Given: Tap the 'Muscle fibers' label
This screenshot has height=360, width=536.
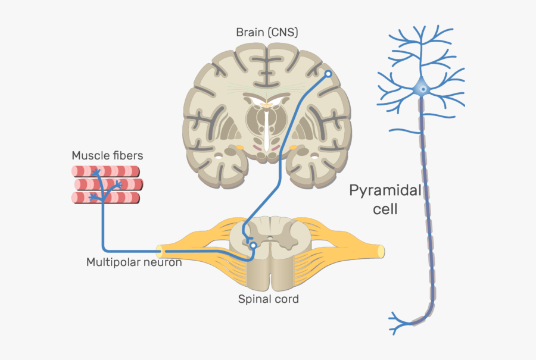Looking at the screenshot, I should click(107, 156).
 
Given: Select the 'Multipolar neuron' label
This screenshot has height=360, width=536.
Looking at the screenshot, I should click(134, 262).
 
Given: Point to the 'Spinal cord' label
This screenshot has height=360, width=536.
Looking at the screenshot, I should click(268, 299).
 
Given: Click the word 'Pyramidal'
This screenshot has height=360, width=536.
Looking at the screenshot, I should click(385, 192).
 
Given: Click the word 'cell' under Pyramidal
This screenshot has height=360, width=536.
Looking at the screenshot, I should click(385, 209).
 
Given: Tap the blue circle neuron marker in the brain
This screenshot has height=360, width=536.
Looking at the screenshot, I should click(328, 74).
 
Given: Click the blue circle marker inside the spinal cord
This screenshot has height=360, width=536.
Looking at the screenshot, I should click(253, 245).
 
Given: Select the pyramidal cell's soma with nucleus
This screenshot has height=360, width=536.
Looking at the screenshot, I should click(422, 89).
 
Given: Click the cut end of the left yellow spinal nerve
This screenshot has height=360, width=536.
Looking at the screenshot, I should click(159, 251).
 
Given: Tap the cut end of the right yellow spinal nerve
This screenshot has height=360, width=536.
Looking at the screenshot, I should click(380, 251).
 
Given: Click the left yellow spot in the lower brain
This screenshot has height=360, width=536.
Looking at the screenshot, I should click(239, 146).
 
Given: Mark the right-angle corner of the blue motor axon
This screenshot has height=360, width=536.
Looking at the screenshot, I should click(104, 249).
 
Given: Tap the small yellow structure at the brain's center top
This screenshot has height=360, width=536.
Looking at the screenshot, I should click(267, 106).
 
